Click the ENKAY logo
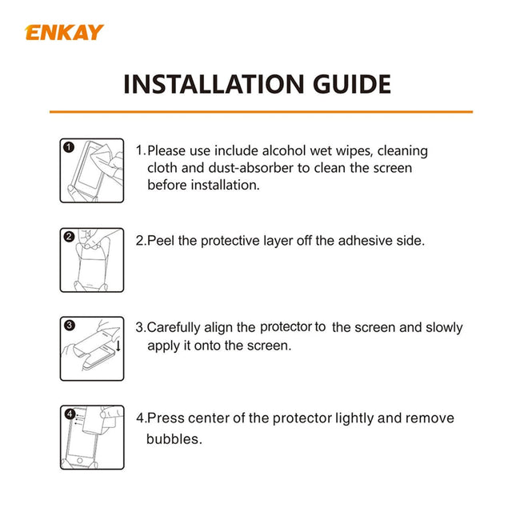(x=65, y=33)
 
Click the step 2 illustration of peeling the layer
(x=92, y=259)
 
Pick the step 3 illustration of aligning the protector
(x=92, y=348)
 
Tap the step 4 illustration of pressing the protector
(x=92, y=437)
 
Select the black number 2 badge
(x=69, y=237)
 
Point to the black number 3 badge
(x=69, y=325)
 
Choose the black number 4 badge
(x=70, y=414)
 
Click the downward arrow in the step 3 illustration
(x=118, y=346)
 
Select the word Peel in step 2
(x=161, y=241)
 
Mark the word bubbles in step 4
(x=173, y=439)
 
